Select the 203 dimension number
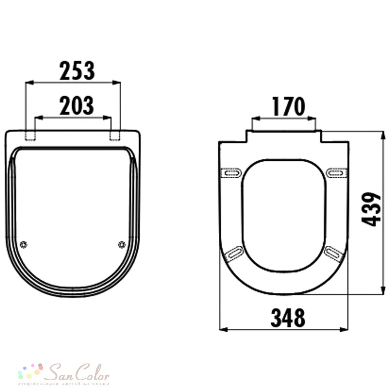76,105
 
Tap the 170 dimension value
289,106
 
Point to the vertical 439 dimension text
371,209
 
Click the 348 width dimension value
288,317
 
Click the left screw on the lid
23,245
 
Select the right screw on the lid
122,245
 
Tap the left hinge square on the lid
30,136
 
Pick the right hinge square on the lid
115,136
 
